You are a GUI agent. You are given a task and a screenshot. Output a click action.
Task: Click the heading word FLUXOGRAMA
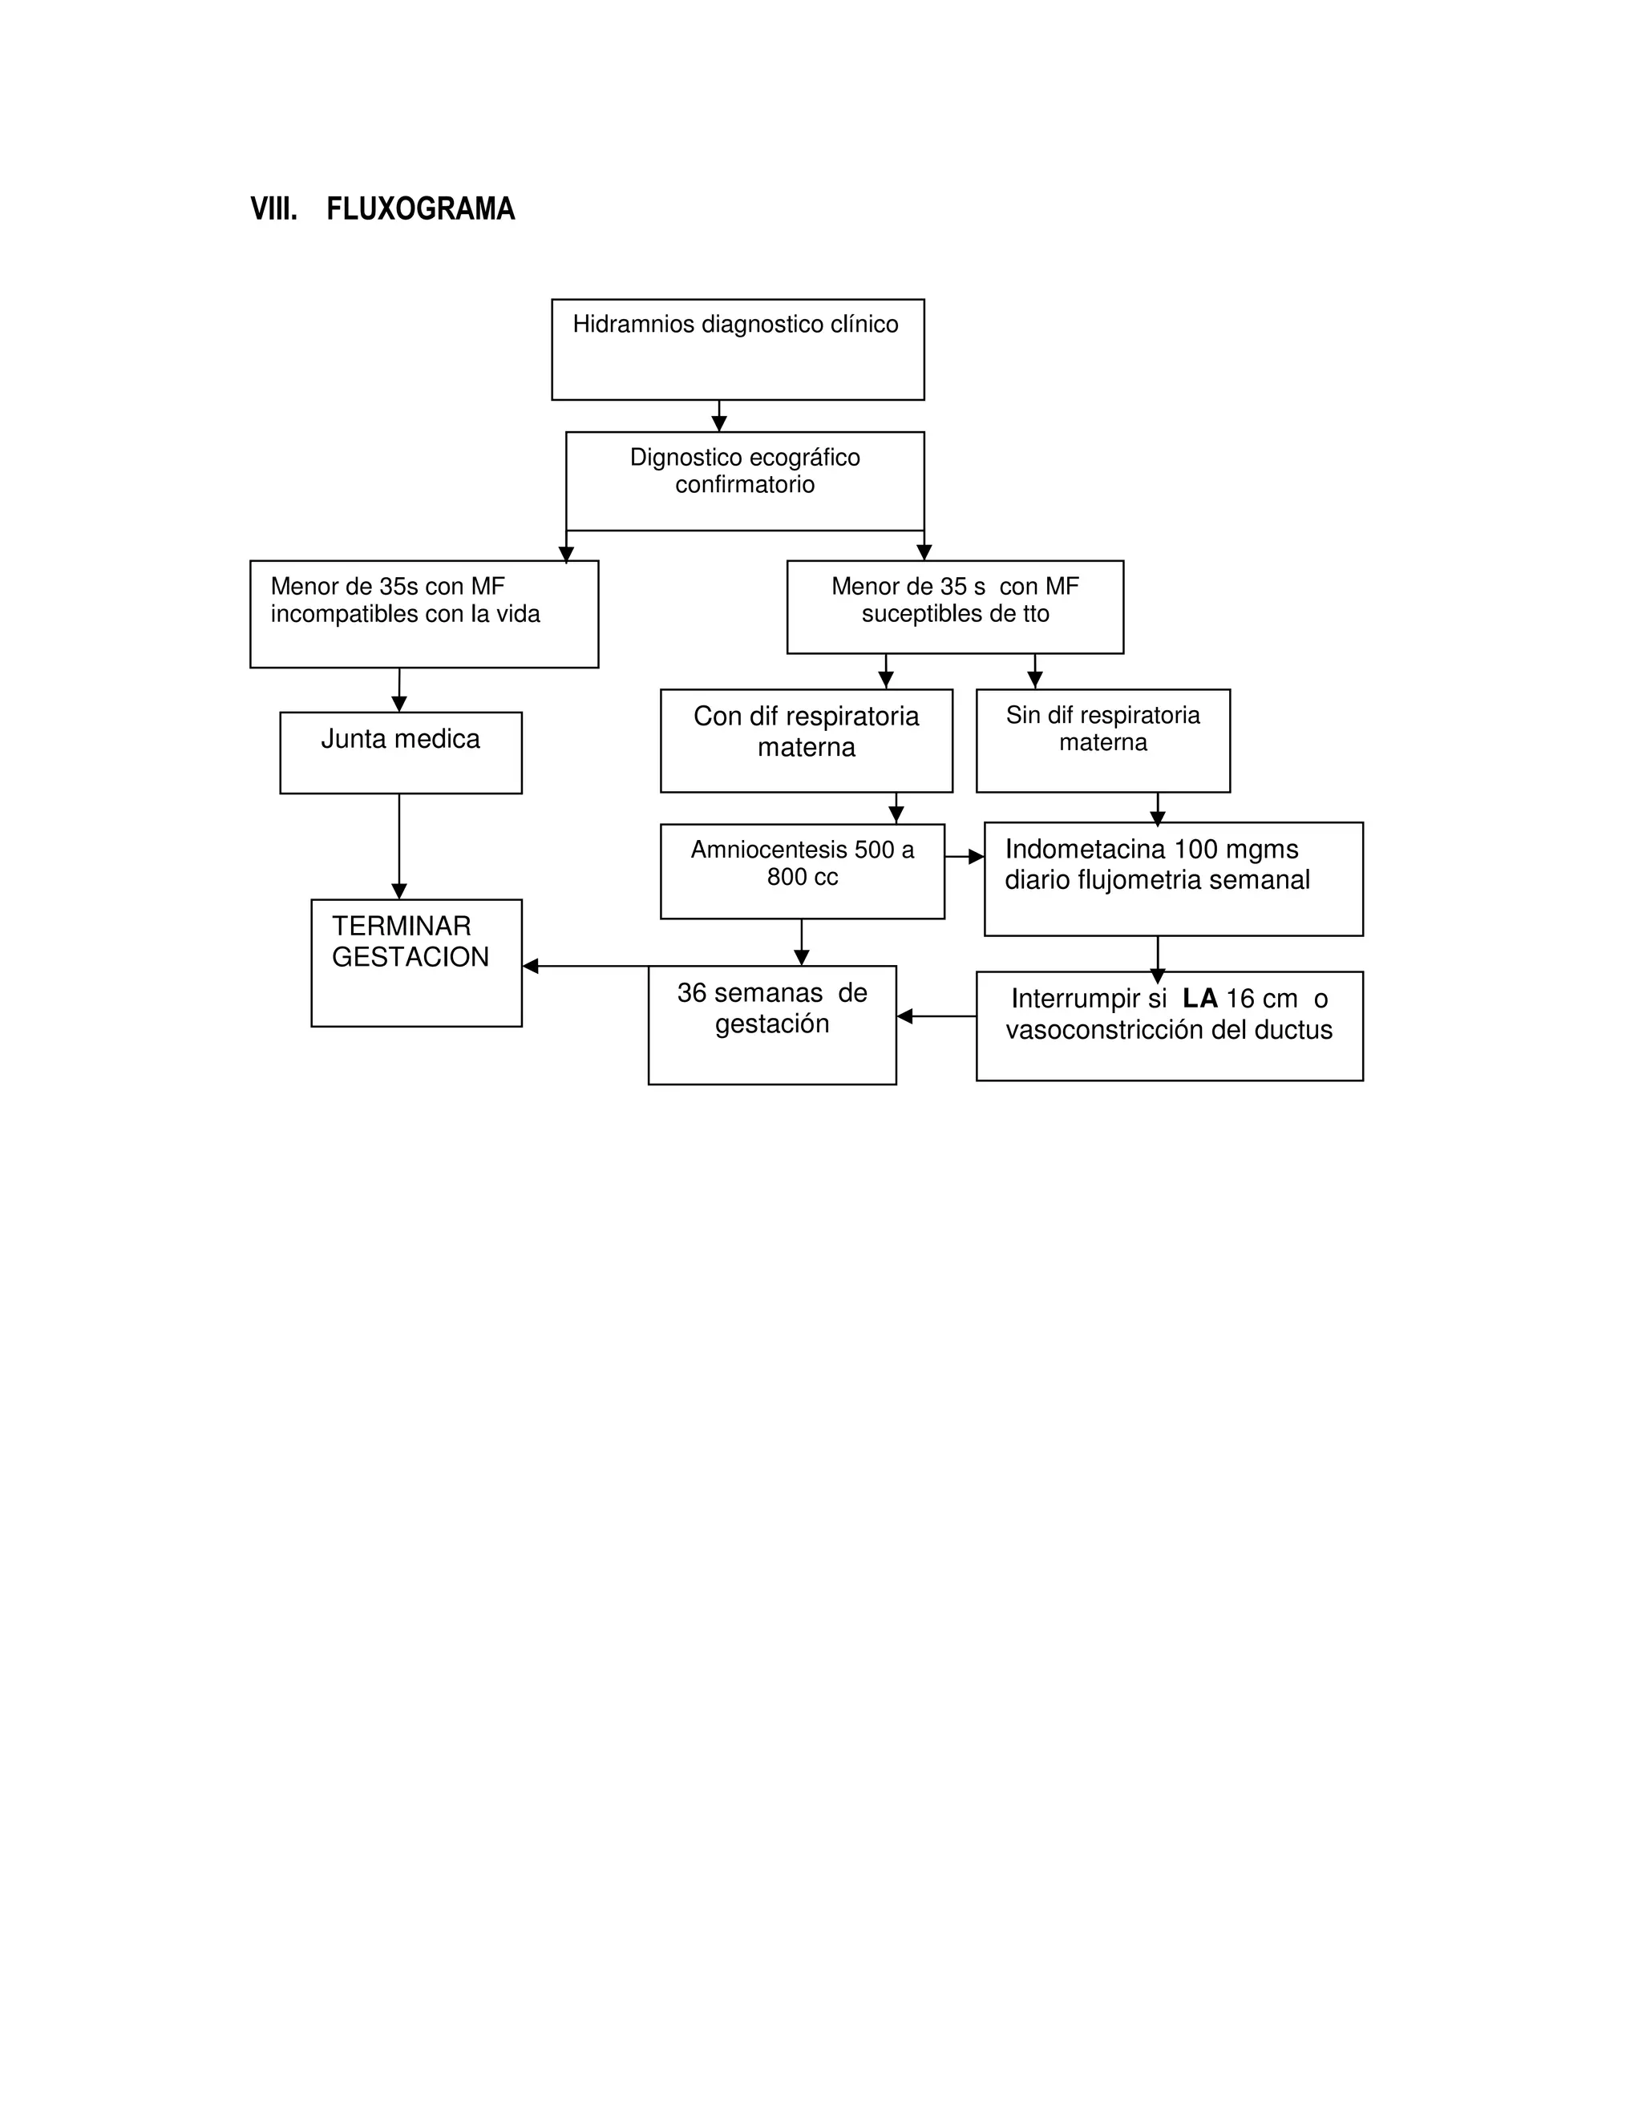click(x=420, y=209)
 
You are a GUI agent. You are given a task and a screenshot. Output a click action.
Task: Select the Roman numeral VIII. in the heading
click(x=273, y=209)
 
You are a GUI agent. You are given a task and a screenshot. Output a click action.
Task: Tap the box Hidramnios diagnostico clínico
click(x=738, y=349)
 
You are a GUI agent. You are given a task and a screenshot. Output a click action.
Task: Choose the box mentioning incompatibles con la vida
click(x=424, y=614)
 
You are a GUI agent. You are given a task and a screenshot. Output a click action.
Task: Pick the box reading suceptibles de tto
click(x=954, y=607)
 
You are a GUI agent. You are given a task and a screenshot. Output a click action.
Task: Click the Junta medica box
click(x=401, y=752)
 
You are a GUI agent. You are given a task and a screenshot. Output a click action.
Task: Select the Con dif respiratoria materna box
click(x=806, y=740)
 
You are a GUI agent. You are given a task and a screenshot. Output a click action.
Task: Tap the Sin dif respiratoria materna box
click(x=1102, y=740)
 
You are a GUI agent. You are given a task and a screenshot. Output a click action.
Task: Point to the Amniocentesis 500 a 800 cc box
click(x=802, y=870)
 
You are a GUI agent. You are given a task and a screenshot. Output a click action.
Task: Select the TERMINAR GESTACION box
click(x=416, y=962)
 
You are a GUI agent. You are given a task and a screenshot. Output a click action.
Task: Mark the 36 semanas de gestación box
click(x=771, y=1024)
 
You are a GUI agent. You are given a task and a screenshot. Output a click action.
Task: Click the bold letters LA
click(x=1199, y=999)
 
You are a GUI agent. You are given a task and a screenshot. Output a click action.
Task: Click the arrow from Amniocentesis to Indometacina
click(x=964, y=857)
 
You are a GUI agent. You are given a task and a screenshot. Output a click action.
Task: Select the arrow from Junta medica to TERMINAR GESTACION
click(x=398, y=846)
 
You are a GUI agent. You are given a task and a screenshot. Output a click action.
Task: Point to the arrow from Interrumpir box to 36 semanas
click(x=936, y=1016)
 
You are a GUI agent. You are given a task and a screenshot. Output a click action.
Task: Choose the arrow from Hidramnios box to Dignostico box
click(x=719, y=416)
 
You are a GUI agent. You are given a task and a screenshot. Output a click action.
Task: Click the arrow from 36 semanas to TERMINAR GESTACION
click(x=584, y=966)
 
